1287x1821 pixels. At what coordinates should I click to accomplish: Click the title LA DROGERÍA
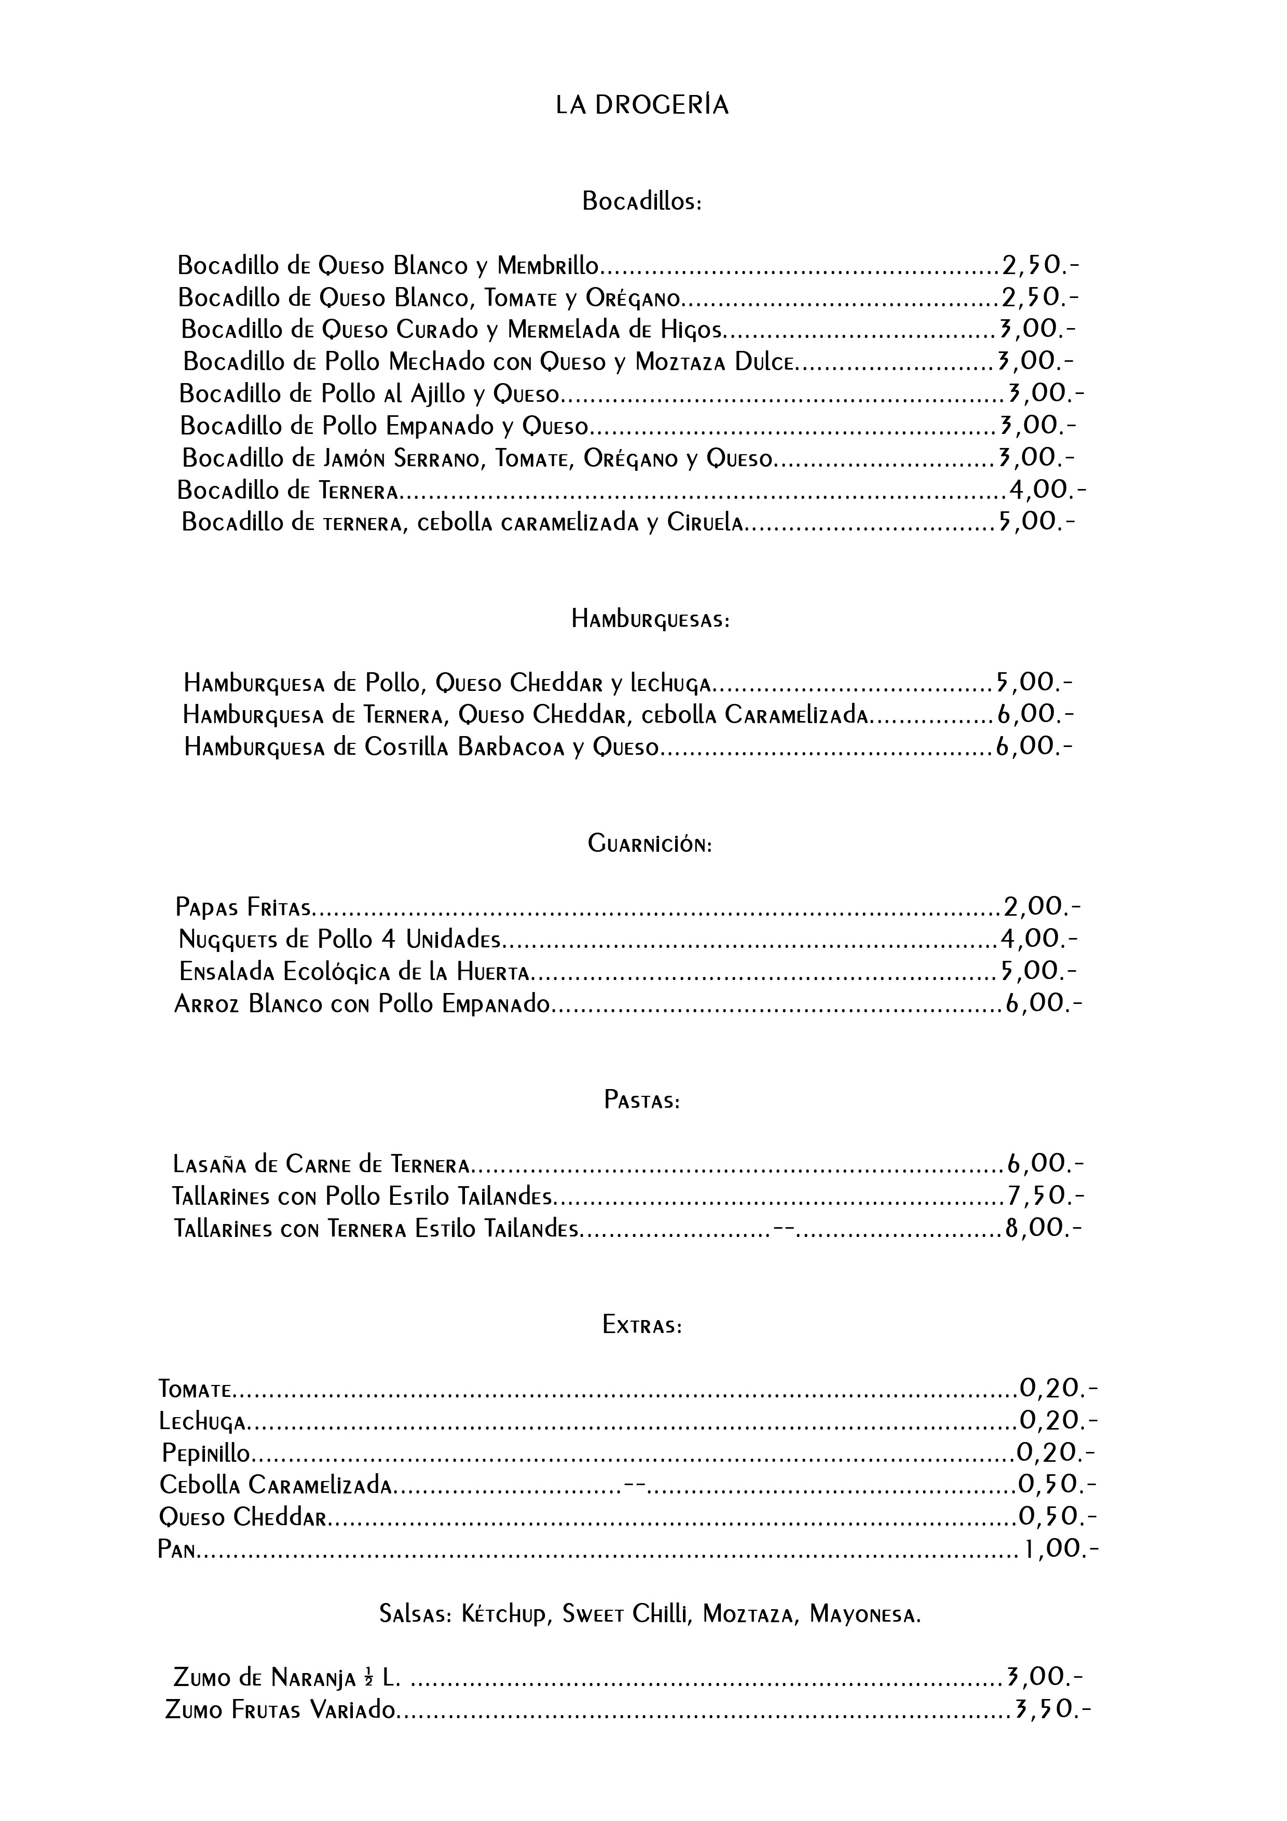(642, 105)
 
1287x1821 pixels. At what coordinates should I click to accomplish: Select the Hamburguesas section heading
(649, 619)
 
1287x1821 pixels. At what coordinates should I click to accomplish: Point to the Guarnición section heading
(649, 844)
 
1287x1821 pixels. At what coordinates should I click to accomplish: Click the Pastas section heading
(641, 1101)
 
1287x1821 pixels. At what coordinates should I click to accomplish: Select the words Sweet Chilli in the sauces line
(626, 1615)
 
